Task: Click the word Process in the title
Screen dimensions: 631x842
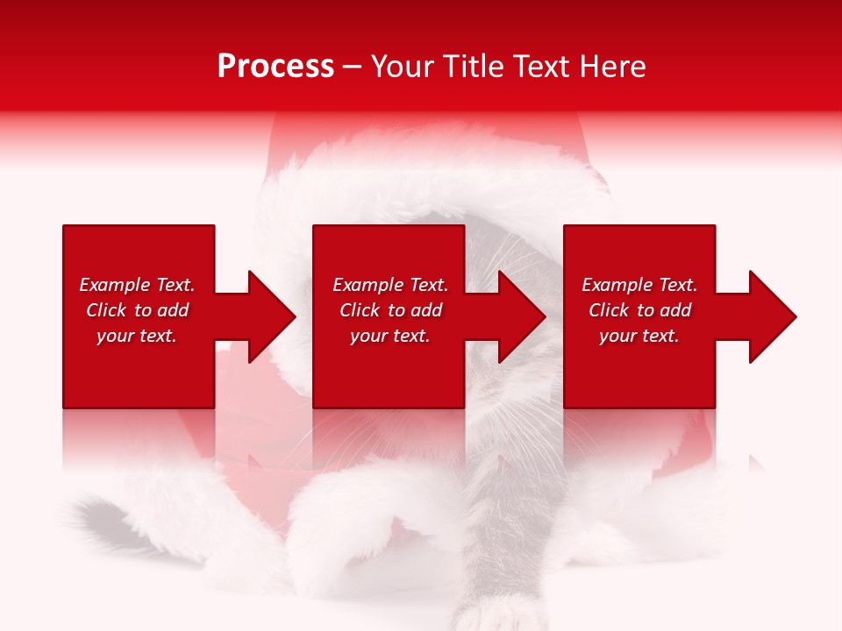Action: click(x=275, y=66)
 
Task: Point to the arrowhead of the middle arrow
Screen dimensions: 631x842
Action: click(x=523, y=316)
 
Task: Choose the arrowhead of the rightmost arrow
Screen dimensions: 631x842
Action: click(x=773, y=316)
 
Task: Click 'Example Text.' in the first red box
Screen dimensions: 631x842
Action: click(x=137, y=285)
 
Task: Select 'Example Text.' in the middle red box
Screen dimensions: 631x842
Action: click(x=390, y=285)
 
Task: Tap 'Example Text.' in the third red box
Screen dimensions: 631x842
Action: click(x=639, y=285)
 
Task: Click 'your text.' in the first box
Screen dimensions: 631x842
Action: click(x=137, y=336)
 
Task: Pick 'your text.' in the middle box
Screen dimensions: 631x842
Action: click(x=390, y=336)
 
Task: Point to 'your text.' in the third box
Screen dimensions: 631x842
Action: click(x=639, y=336)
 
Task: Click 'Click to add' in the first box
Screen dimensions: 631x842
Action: click(x=137, y=310)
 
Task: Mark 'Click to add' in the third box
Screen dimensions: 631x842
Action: click(x=639, y=310)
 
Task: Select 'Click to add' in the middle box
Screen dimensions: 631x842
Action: click(x=390, y=310)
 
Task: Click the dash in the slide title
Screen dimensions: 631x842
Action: click(x=353, y=67)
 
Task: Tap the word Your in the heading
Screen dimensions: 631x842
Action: click(x=402, y=66)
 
